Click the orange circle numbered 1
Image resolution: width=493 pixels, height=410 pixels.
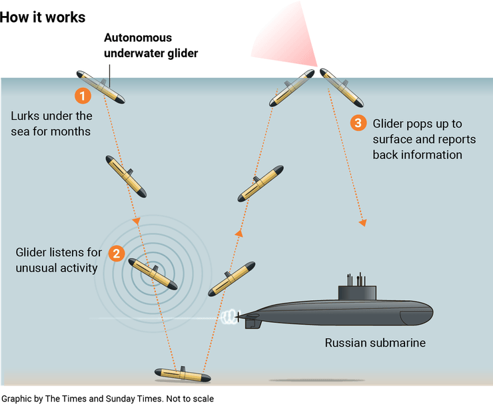(x=82, y=96)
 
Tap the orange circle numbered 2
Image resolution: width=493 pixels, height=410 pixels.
(x=117, y=253)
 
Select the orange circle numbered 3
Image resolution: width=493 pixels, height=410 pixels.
(x=358, y=123)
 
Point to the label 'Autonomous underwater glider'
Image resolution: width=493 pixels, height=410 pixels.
(x=151, y=46)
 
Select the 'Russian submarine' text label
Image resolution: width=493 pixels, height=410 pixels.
(x=375, y=343)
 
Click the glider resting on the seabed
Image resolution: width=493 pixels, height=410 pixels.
(x=182, y=375)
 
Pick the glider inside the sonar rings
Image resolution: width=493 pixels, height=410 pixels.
(x=152, y=274)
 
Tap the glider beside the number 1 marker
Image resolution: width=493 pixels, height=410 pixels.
(x=100, y=87)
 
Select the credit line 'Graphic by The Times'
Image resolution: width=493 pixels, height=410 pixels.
(x=107, y=399)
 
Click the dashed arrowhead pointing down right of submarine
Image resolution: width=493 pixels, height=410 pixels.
(x=363, y=222)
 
